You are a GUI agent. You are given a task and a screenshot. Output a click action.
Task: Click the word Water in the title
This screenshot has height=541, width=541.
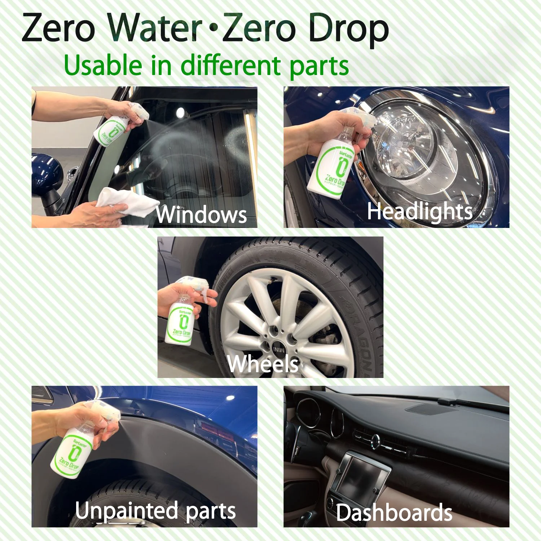155,28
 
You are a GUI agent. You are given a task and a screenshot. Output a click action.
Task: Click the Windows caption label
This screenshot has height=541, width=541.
201,215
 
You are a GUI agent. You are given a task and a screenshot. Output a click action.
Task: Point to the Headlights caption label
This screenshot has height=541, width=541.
419,211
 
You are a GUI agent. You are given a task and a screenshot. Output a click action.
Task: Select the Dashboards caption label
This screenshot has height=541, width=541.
394,513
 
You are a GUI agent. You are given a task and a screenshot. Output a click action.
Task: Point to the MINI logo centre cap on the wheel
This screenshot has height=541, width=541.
278,349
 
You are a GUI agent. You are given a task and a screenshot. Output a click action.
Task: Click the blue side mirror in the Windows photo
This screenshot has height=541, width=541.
47,173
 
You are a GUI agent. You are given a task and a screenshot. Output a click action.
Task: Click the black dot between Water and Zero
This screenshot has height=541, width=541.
214,27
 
